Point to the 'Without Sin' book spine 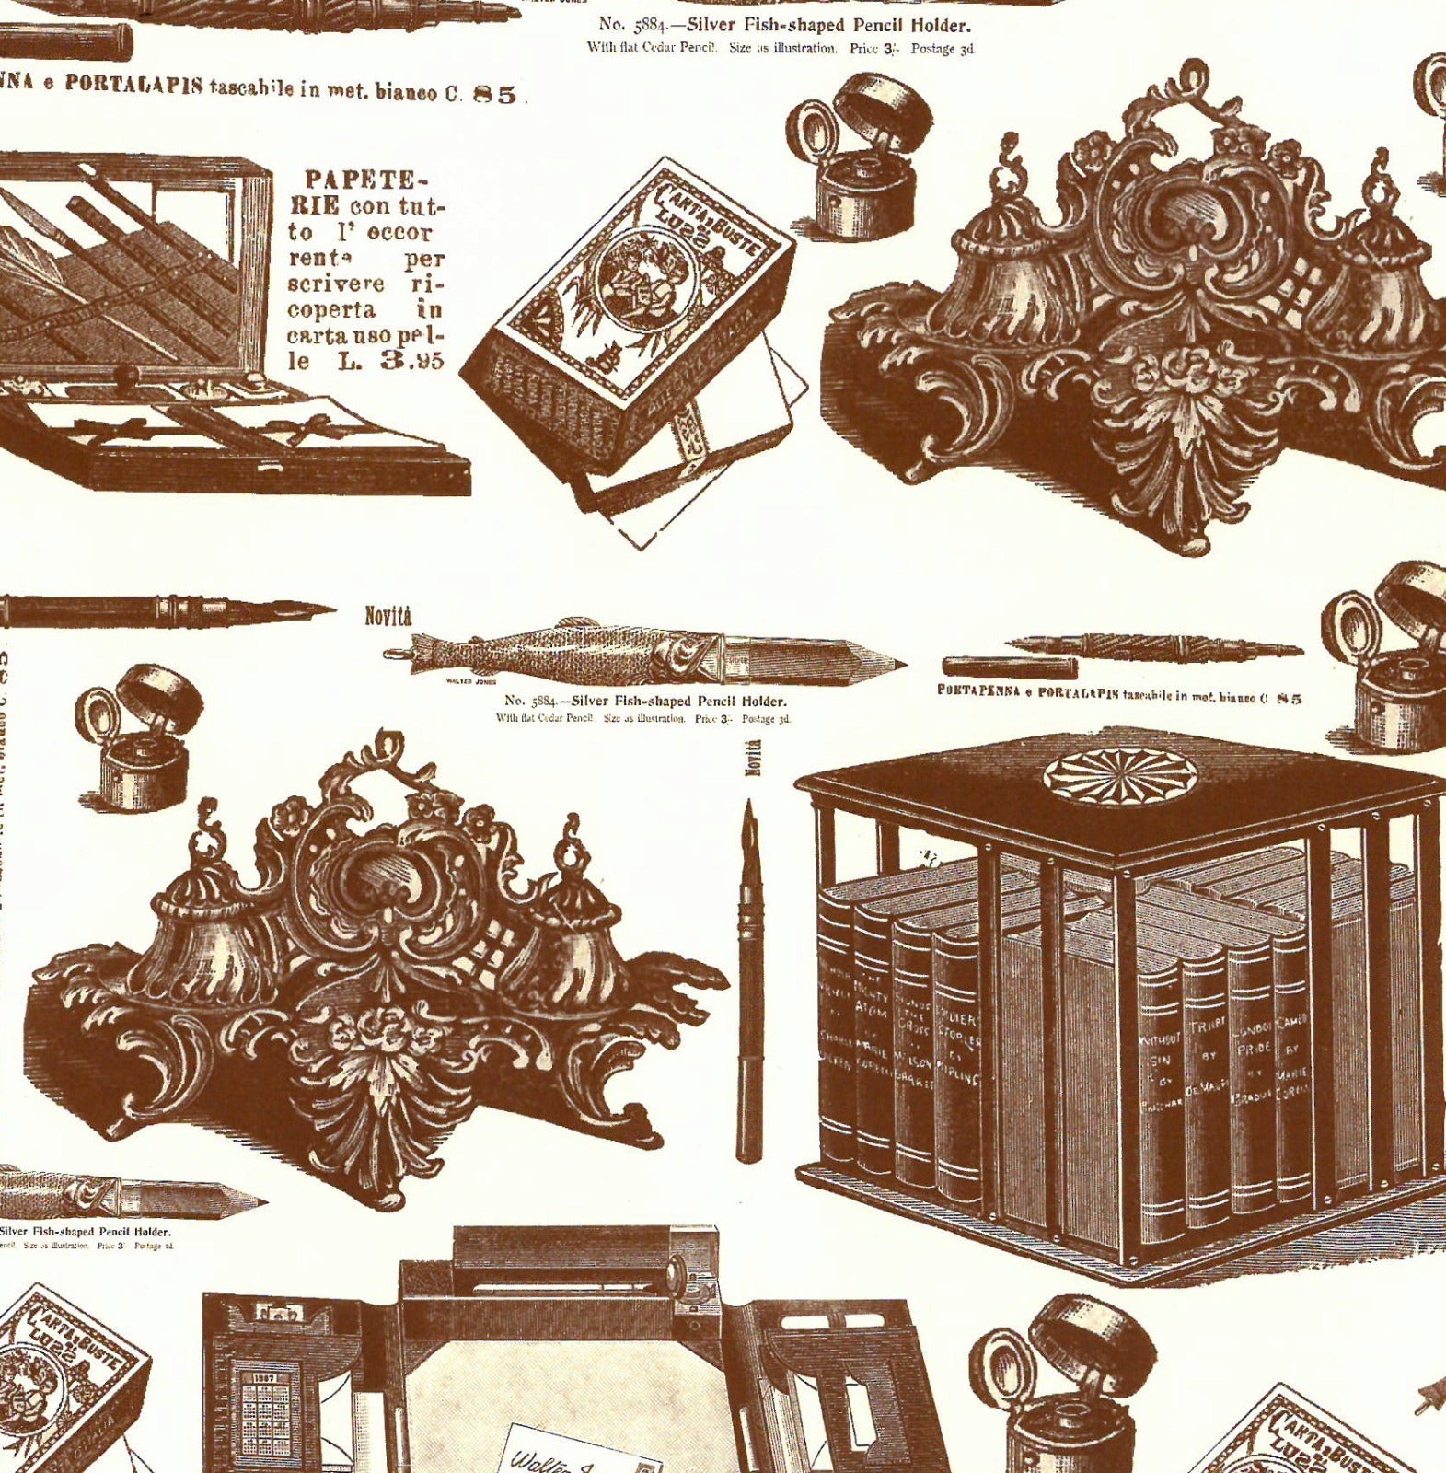point(1160,1077)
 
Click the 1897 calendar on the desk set point(266,1399)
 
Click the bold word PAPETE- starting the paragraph point(353,179)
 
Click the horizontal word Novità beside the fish point(388,616)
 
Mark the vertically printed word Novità point(753,757)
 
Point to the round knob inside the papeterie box point(121,377)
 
